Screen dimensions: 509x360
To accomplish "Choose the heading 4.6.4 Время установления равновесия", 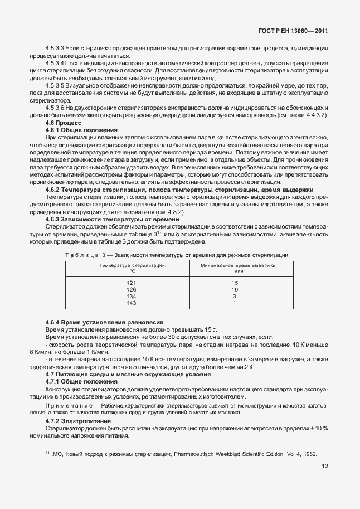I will (x=96, y=323).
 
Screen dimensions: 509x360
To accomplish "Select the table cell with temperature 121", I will (x=132, y=283).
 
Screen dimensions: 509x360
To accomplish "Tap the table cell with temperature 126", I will (x=132, y=290).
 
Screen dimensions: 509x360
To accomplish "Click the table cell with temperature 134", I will (x=132, y=297).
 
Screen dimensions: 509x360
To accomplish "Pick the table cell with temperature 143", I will (x=132, y=303).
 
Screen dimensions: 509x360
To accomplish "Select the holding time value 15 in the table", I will (x=235, y=283).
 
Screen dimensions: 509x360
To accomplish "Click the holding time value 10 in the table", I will (x=235, y=290).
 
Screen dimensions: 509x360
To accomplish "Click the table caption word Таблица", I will (x=81, y=255).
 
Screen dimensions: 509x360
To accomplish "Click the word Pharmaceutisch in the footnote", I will (x=200, y=454).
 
